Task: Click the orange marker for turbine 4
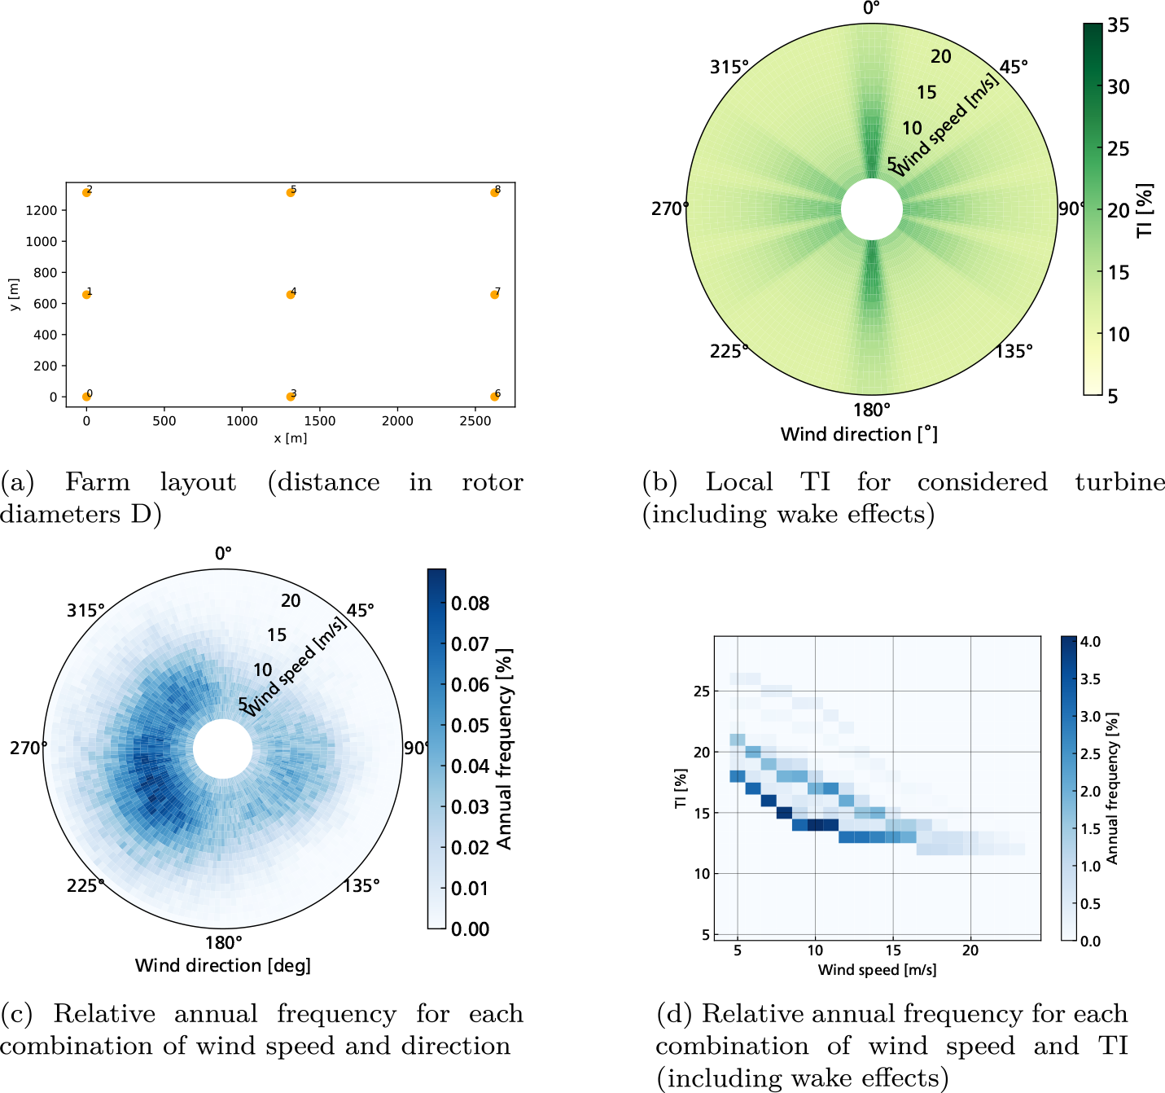coord(291,295)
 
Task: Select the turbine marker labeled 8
coord(494,192)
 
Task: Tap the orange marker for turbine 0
coord(86,397)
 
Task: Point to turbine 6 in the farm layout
coord(494,397)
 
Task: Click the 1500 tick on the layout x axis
coord(320,421)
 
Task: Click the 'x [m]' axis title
coord(291,438)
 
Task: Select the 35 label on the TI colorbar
coord(1119,25)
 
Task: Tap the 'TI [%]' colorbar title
coord(1145,210)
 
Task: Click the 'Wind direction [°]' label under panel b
coord(859,434)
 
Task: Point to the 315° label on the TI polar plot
coord(729,67)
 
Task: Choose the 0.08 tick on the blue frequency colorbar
coord(470,604)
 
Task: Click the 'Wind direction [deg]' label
coord(223,965)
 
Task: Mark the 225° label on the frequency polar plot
coord(85,885)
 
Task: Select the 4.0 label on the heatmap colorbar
coord(1090,642)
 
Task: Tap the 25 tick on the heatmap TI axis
coord(701,691)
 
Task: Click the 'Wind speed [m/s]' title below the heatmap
coord(877,970)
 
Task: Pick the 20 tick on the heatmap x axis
coord(970,950)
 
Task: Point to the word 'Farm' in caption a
coord(97,482)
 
